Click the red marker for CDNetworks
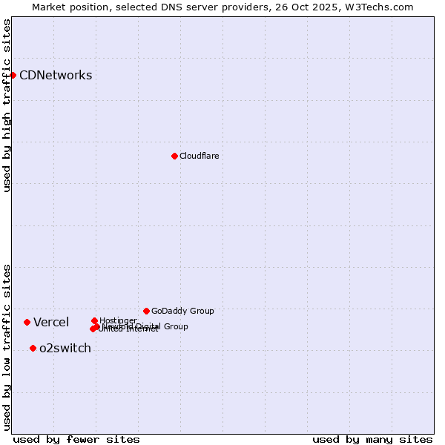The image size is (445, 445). [13, 75]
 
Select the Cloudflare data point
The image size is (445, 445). [174, 156]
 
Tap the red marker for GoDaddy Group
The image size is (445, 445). [146, 311]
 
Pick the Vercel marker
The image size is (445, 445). [27, 322]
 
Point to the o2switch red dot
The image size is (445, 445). [33, 348]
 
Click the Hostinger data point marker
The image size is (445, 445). [94, 320]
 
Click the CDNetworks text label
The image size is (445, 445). [56, 75]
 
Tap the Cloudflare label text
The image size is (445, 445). [199, 156]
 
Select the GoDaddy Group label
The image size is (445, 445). [182, 311]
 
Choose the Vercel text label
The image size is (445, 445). [51, 322]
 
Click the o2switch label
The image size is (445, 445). [65, 348]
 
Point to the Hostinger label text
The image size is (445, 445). [118, 320]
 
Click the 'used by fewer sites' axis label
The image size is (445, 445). [76, 439]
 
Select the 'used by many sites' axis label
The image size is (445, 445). [372, 439]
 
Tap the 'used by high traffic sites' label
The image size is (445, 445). [7, 105]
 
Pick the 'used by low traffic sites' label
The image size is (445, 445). [7, 347]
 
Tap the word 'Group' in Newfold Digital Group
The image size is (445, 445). [176, 326]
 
